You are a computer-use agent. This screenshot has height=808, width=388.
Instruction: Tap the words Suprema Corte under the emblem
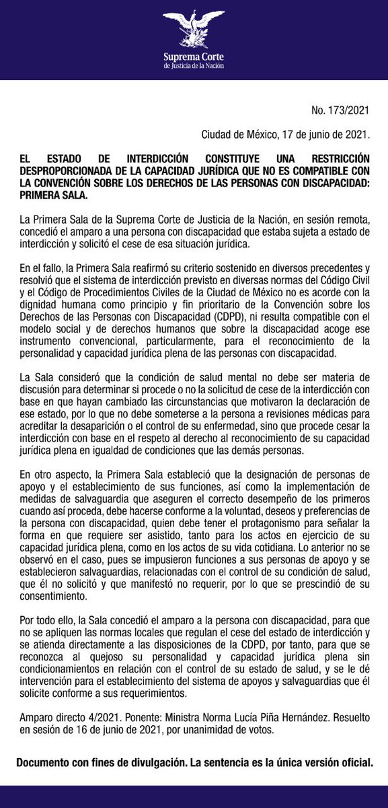pos(194,57)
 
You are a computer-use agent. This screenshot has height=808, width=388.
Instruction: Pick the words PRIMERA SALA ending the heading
pos(53,195)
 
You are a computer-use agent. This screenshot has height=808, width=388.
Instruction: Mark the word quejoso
pos(114,644)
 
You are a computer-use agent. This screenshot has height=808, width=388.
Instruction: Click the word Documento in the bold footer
pos(44,763)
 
